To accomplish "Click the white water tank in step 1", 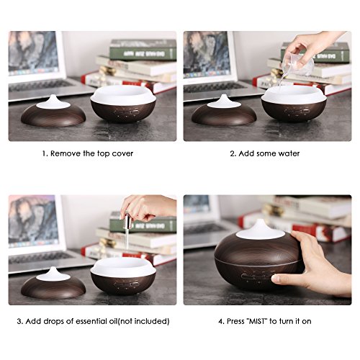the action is [x=124, y=94].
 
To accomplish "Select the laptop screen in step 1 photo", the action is [x=33, y=53].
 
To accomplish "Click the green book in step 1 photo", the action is [x=143, y=50].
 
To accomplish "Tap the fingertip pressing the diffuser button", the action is [x=276, y=279].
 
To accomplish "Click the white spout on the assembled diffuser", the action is [x=260, y=230].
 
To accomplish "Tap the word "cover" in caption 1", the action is [x=122, y=153].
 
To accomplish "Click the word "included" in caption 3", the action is [x=150, y=321].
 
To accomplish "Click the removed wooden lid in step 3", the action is [x=53, y=284].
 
